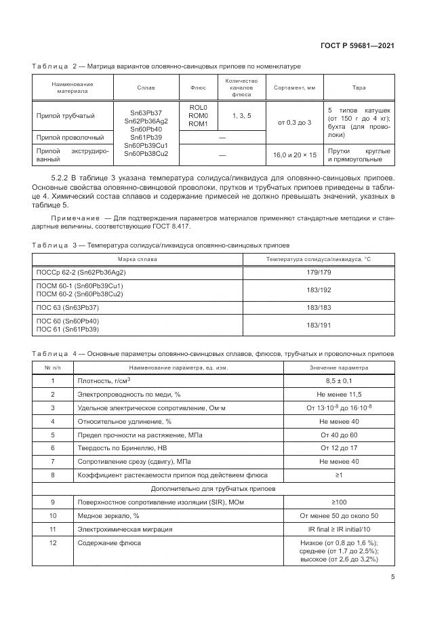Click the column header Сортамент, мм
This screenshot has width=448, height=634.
point(294,88)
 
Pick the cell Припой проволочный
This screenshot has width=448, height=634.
point(66,138)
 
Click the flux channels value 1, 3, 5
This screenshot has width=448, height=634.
point(241,116)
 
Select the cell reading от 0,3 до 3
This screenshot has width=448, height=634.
point(294,122)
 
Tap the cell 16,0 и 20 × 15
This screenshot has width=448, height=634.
point(294,155)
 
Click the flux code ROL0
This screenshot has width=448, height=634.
point(198,108)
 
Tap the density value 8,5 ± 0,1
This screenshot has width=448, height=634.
point(339,381)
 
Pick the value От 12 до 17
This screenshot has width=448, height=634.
point(339,448)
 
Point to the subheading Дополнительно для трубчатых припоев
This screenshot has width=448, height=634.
point(213,488)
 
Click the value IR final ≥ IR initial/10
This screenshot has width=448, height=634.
point(339,529)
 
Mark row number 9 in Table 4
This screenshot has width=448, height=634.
point(53,502)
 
